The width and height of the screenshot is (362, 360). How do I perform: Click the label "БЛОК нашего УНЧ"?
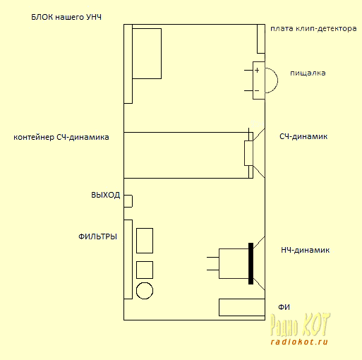66,18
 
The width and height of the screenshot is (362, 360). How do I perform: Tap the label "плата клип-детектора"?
313,29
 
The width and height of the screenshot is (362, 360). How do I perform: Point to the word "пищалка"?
308,73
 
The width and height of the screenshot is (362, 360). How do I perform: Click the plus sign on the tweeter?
257,70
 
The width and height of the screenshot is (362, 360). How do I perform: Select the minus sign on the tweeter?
257,90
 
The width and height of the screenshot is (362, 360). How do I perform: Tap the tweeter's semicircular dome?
277,80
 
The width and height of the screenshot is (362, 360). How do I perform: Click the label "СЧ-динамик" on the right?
303,136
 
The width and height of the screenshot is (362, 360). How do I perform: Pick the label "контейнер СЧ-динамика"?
61,137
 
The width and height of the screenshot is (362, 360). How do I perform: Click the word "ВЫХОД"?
106,195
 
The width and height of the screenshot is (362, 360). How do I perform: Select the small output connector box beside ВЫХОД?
128,201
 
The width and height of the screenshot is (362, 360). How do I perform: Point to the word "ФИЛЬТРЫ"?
97,236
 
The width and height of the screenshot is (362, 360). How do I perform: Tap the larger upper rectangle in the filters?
145,241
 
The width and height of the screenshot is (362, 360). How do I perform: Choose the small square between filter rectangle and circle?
145,270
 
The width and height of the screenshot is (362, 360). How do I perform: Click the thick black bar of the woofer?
251,263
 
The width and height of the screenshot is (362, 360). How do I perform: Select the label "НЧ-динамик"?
306,250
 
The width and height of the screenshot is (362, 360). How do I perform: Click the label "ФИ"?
284,307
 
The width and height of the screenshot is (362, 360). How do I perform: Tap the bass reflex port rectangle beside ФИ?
242,307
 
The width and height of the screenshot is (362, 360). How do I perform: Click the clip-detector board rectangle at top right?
261,39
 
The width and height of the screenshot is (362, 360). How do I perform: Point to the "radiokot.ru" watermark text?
299,342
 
